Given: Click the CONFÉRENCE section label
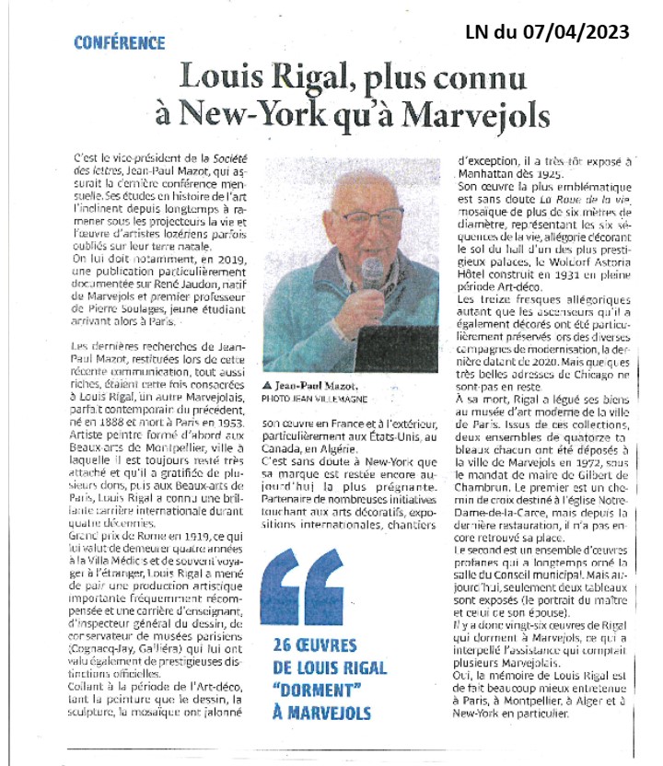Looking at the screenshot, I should tap(120, 42).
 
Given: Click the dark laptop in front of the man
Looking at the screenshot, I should tap(395, 349).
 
